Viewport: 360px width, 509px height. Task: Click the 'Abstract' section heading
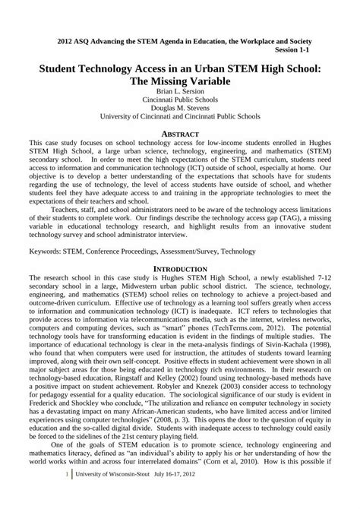(180, 132)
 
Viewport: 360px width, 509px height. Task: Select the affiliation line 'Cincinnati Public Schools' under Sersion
(180, 99)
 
